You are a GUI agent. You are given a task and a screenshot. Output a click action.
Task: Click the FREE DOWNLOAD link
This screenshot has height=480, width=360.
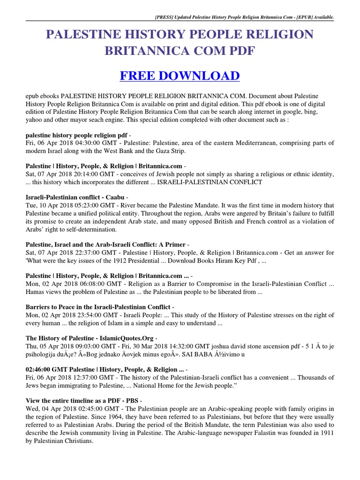(180, 75)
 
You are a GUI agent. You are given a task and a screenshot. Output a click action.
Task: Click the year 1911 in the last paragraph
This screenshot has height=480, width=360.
(324, 433)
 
